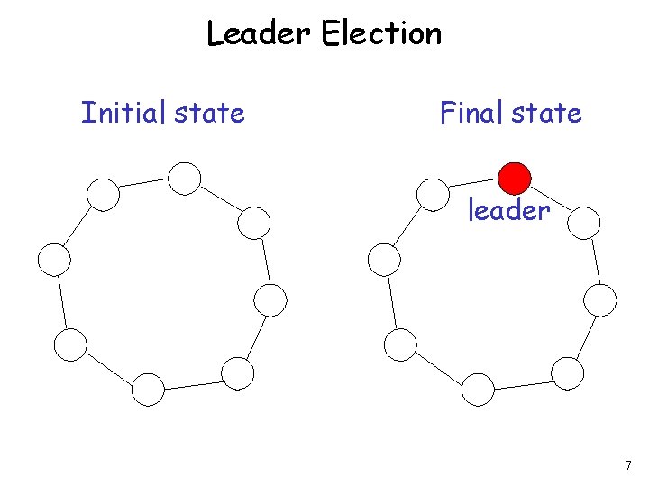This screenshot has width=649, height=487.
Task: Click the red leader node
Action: coord(515,178)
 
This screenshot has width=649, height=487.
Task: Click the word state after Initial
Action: coord(210,114)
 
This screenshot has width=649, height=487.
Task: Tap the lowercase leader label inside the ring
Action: coord(508,211)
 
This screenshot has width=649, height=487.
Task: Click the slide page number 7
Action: coord(627,465)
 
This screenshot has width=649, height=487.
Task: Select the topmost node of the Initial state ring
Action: coord(185,178)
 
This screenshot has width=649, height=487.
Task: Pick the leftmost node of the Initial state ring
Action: coord(54,260)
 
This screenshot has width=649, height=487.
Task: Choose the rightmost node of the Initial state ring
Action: coord(270,299)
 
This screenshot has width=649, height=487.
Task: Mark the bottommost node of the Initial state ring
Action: coord(148,390)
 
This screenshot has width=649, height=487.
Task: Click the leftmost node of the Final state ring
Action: coord(384,260)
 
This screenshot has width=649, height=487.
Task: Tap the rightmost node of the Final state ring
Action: coord(600,299)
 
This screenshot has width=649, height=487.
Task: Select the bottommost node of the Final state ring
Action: coord(478,390)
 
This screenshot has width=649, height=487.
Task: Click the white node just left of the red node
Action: coord(434,194)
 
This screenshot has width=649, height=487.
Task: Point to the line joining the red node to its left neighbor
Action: coord(474,186)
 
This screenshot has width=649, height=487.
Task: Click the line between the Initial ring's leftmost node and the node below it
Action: coord(62,302)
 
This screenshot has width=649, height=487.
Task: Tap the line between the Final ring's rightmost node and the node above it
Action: coord(593,261)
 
